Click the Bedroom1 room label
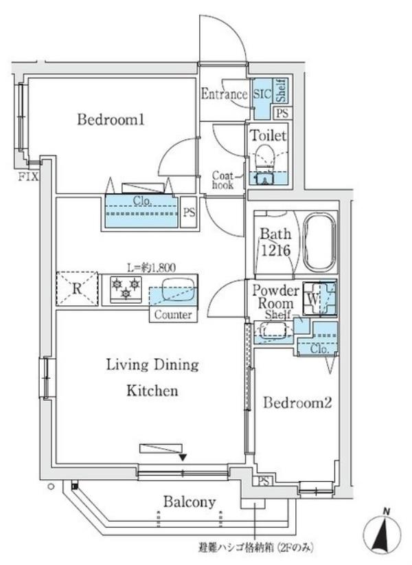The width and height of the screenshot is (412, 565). (111, 120)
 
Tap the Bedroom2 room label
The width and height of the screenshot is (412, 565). (297, 403)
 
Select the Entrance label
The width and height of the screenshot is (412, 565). (224, 94)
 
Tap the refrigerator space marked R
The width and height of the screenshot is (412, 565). (77, 289)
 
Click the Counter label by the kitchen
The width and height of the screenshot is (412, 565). (173, 315)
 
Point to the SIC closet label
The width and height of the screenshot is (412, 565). (262, 94)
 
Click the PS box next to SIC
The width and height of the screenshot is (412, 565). (283, 113)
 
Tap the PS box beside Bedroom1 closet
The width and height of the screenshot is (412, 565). (189, 212)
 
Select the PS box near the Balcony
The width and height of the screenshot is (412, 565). (264, 480)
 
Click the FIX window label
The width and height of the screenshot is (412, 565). (28, 177)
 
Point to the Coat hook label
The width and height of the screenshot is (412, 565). (222, 180)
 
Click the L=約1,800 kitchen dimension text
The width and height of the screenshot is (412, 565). (152, 267)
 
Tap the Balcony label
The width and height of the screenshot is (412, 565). (190, 502)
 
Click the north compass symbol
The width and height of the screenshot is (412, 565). (382, 531)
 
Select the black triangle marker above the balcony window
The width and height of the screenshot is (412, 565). (183, 458)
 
